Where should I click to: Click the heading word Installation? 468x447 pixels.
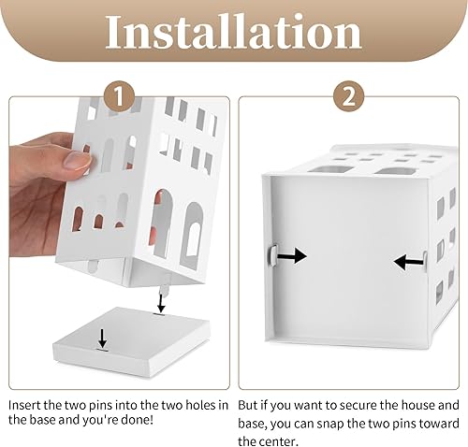click(x=234, y=32)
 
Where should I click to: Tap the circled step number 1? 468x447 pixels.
click(x=120, y=96)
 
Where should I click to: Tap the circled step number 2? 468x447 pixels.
click(x=349, y=96)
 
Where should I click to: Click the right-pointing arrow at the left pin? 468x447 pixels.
click(x=292, y=256)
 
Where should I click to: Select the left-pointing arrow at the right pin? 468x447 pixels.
click(x=408, y=262)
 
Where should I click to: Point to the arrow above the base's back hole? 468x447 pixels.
click(x=161, y=303)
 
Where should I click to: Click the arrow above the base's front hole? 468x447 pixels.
click(x=102, y=339)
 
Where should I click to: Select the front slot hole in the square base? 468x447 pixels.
click(x=102, y=351)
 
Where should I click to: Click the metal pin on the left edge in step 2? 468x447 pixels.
click(x=272, y=256)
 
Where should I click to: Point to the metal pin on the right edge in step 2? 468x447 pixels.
click(x=425, y=262)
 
